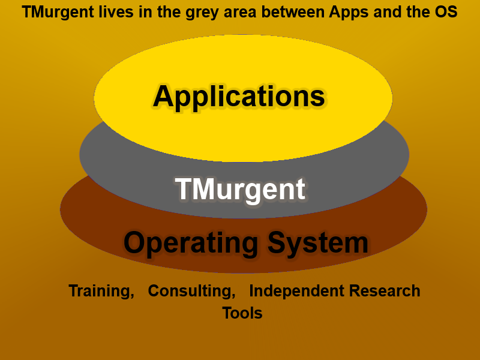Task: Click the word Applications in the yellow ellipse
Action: [239, 97]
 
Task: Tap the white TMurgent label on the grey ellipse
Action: [240, 189]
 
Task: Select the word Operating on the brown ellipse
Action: [191, 243]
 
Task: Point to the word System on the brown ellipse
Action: [317, 243]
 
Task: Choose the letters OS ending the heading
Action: [448, 13]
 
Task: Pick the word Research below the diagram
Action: [385, 291]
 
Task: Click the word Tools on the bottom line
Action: [242, 313]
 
